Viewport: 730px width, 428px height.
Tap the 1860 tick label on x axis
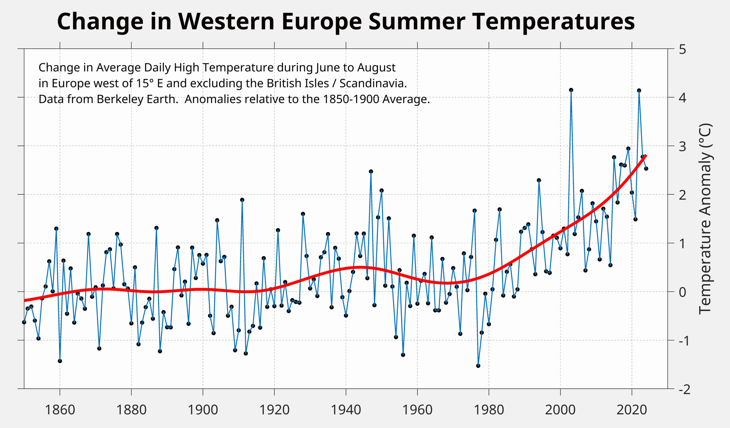(60, 410)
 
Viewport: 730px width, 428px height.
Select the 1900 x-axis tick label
(203, 410)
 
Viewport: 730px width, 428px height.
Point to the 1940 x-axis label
(346, 410)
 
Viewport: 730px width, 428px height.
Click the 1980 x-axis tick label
(489, 410)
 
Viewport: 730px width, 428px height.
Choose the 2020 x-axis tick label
(632, 410)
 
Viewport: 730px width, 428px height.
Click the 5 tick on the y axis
(682, 49)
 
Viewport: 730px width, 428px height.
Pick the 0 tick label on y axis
(682, 292)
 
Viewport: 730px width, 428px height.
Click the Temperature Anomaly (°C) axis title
(705, 219)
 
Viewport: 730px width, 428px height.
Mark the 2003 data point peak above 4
(571, 90)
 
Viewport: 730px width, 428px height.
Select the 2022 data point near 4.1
(639, 90)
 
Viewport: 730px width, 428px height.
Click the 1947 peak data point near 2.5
(371, 172)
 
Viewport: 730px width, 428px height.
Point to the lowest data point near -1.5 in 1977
(478, 365)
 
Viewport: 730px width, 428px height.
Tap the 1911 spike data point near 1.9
(242, 200)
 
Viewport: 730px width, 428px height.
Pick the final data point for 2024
(646, 169)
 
